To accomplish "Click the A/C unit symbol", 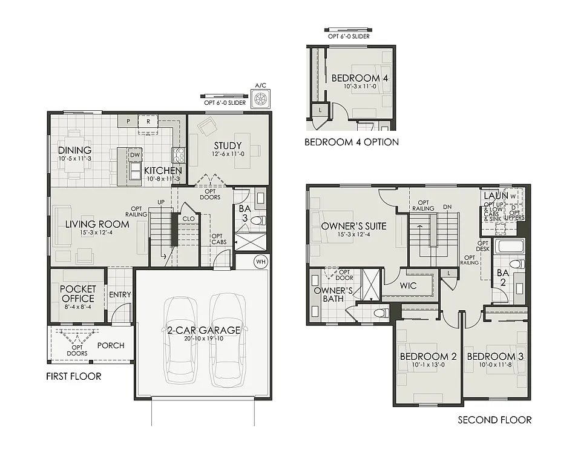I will pyautogui.click(x=261, y=99).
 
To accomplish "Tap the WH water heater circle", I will pyautogui.click(x=261, y=262).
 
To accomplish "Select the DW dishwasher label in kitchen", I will pyautogui.click(x=134, y=155).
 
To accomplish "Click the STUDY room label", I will pyautogui.click(x=228, y=145).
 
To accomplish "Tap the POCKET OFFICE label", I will pyautogui.click(x=77, y=294).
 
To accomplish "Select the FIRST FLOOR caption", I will pyautogui.click(x=73, y=376).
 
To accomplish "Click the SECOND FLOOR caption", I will pyautogui.click(x=494, y=420).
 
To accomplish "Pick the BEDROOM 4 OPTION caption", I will pyautogui.click(x=351, y=142).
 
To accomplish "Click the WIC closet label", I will pyautogui.click(x=409, y=285).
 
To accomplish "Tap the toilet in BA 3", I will pyautogui.click(x=258, y=220).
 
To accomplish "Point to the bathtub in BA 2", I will pyautogui.click(x=510, y=247).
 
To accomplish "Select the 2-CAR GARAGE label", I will pyautogui.click(x=204, y=330).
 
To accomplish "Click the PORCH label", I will pyautogui.click(x=111, y=345).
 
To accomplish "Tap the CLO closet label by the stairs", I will pyautogui.click(x=188, y=219).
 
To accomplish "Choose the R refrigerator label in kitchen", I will pyautogui.click(x=147, y=121).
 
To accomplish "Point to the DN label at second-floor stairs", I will pyautogui.click(x=447, y=207).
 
